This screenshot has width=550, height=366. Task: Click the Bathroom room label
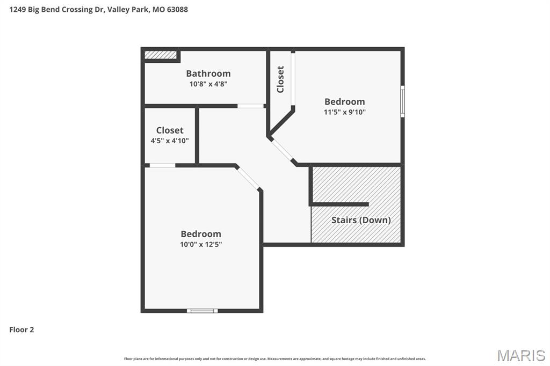[208, 74]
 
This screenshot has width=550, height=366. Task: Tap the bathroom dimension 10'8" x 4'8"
[208, 84]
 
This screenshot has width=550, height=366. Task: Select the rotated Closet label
[280, 79]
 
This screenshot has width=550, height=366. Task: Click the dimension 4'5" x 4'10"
[170, 141]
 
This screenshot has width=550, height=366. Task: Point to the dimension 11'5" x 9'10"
[344, 112]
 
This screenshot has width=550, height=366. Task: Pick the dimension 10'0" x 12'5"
[201, 244]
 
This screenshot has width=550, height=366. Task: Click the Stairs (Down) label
[361, 220]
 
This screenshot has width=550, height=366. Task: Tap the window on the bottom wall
[202, 310]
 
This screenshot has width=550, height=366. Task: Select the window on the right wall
[402, 101]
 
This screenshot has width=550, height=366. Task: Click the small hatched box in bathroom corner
[161, 55]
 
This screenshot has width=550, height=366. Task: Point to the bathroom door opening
[251, 106]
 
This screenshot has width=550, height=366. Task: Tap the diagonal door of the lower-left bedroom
[248, 177]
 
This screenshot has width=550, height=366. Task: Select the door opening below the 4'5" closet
[162, 165]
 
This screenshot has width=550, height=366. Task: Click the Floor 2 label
[21, 330]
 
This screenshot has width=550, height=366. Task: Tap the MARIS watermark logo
[521, 355]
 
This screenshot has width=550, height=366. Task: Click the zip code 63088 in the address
[177, 9]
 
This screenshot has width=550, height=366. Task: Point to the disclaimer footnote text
[275, 358]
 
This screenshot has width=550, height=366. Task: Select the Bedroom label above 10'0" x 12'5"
[201, 234]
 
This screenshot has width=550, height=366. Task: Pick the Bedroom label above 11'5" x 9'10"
[344, 101]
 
